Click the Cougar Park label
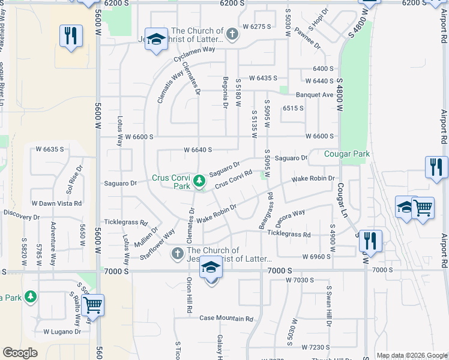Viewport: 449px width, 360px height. (x=347, y=154)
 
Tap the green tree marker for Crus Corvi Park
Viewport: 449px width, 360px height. (x=199, y=179)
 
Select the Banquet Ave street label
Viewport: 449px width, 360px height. (x=314, y=95)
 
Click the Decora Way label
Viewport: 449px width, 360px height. (x=291, y=215)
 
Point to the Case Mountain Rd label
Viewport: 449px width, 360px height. (x=226, y=318)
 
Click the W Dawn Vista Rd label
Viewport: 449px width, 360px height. (x=56, y=203)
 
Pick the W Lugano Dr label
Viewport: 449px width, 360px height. (x=62, y=331)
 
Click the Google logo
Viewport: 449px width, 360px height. (x=20, y=353)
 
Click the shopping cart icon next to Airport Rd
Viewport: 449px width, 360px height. (x=423, y=208)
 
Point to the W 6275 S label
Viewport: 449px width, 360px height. (x=257, y=27)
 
